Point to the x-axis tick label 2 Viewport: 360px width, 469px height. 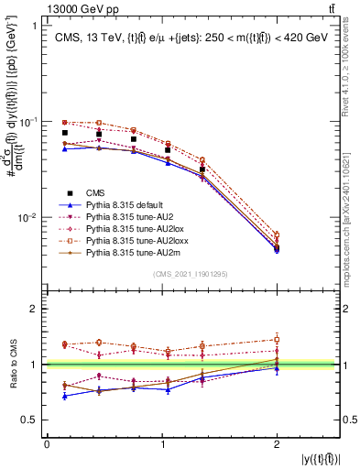click(x=277, y=443)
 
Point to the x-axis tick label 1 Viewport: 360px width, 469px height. click(x=162, y=443)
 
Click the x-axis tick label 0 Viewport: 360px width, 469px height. click(x=47, y=443)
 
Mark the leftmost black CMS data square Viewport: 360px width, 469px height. click(x=64, y=133)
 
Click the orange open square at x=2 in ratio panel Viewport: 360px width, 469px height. click(x=277, y=339)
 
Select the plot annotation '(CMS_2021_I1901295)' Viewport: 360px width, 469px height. click(x=191, y=275)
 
